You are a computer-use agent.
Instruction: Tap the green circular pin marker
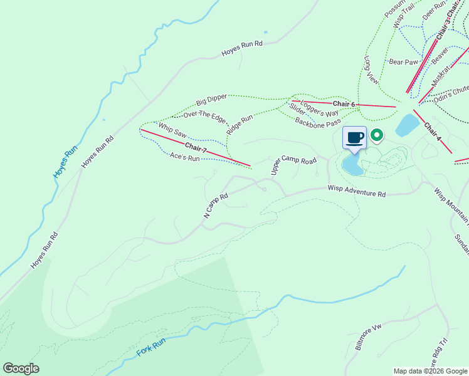[377, 135]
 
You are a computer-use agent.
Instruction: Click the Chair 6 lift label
[344, 104]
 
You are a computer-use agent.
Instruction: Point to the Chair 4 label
[433, 131]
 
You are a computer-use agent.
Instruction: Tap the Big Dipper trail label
[211, 100]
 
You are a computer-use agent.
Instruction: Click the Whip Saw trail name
[172, 130]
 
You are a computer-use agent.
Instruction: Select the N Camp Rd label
[215, 206]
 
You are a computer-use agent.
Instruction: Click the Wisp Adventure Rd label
[356, 191]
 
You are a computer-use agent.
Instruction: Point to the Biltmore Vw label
[368, 337]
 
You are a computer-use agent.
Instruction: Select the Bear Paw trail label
[403, 62]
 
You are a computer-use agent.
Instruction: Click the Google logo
[21, 368]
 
